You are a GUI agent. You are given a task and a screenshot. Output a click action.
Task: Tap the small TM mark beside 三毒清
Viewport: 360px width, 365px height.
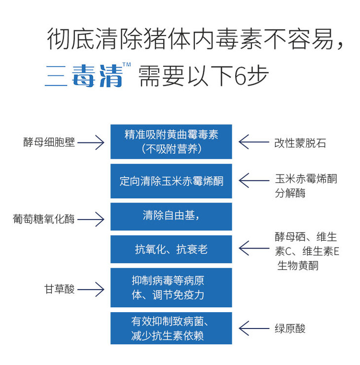point(126,66)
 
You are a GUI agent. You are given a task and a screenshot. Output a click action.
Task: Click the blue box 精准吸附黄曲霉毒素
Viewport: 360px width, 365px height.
point(171,142)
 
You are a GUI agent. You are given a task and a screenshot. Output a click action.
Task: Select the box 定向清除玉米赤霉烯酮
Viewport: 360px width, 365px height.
point(171,181)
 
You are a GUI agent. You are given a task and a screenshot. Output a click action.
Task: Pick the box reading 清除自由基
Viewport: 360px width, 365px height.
point(171,216)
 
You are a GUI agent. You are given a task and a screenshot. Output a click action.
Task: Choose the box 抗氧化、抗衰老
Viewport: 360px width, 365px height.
point(171,249)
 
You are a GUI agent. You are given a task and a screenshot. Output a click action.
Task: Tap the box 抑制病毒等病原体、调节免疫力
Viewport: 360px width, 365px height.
point(171,288)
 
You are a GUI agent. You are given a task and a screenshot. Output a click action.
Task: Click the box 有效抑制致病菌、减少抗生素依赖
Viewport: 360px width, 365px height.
point(171,328)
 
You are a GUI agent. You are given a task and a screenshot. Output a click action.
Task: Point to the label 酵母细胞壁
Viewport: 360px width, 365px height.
point(49,143)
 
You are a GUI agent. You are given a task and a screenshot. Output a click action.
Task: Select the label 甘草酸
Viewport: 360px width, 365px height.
point(59,289)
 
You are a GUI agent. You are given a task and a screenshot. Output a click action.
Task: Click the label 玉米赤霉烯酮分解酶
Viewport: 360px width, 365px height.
point(306,185)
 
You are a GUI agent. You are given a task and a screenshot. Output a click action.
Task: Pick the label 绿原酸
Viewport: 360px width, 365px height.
point(290,328)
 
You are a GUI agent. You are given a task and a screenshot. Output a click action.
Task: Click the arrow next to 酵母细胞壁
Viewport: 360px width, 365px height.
point(91,143)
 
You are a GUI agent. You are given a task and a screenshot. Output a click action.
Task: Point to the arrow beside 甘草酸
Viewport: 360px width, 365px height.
point(91,289)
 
